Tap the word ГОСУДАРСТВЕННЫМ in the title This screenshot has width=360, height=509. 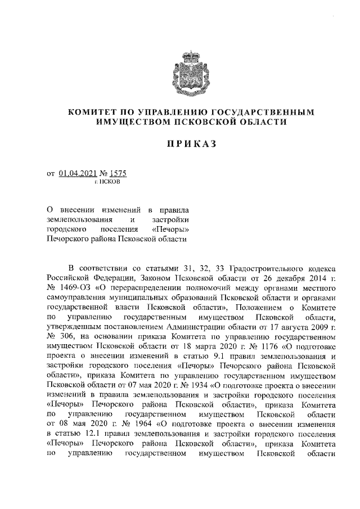pos(264,111)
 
